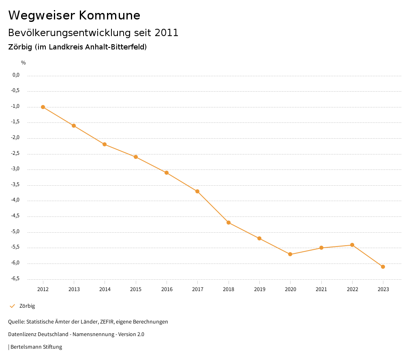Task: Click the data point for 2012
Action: point(43,107)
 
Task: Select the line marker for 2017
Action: point(197,191)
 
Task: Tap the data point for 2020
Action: point(290,254)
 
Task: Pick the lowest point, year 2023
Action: point(383,267)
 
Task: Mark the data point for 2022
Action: point(352,245)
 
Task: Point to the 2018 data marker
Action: point(229,223)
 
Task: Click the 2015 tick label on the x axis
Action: point(136,289)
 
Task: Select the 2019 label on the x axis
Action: point(259,289)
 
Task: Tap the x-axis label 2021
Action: point(321,289)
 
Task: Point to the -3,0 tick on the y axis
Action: point(16,169)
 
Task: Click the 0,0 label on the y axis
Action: point(16,75)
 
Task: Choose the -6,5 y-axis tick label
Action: point(16,279)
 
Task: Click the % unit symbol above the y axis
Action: point(24,63)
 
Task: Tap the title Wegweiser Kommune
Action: point(74,15)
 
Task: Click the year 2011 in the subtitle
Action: point(167,33)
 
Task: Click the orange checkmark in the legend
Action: point(12,306)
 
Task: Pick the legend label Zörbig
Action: point(27,306)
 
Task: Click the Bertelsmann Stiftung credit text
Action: point(36,347)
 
